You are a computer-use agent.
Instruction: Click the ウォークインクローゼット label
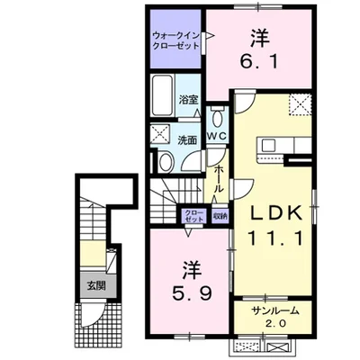[175, 40]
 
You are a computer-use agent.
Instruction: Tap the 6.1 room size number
[258, 62]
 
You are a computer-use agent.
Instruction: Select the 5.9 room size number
[192, 292]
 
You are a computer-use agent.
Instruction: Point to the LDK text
[276, 213]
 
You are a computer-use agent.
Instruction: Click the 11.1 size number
[275, 238]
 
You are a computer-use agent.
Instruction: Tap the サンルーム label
[276, 310]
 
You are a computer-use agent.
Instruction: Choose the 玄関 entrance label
[96, 286]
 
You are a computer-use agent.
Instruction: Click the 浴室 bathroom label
[188, 100]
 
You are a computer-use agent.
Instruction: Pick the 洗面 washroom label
[187, 140]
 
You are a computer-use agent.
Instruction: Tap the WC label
[218, 136]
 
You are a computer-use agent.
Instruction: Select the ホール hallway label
[219, 179]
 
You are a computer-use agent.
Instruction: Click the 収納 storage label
[220, 216]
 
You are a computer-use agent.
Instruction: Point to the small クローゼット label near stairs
[194, 216]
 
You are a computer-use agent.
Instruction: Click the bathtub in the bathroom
[162, 95]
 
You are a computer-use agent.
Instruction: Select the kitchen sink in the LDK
[269, 146]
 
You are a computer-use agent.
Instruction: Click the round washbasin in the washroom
[166, 162]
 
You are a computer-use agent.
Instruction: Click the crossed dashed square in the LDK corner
[301, 104]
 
